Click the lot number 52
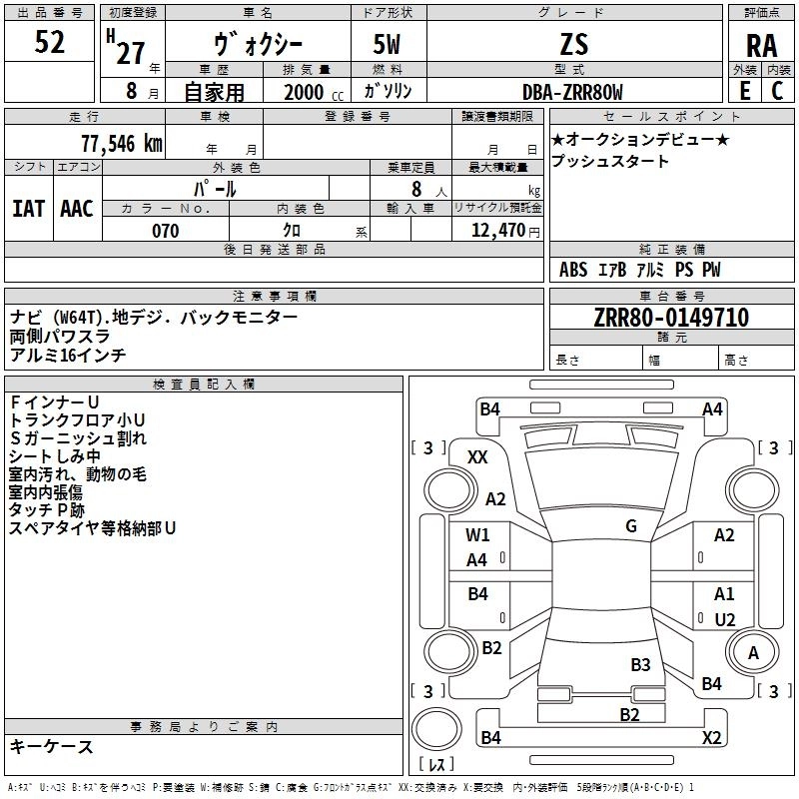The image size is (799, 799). [49, 42]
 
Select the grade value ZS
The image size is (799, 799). [574, 44]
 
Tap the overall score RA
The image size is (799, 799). [762, 46]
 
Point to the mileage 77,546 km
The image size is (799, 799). [122, 144]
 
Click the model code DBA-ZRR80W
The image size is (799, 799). [572, 92]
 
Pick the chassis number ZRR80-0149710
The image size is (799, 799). [671, 318]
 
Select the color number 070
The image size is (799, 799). [166, 231]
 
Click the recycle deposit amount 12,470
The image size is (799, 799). [497, 231]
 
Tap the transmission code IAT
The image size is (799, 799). [29, 209]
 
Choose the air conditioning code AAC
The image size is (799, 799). [77, 209]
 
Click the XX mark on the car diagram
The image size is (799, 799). [477, 457]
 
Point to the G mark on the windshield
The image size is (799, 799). [631, 525]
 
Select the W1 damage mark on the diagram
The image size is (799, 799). [477, 535]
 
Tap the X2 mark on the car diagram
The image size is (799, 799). [711, 737]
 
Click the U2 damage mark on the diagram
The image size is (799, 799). [725, 619]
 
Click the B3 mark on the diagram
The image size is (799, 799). [640, 664]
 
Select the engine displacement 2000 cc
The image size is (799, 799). [314, 92]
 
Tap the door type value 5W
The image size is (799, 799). [387, 44]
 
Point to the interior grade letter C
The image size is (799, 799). [777, 91]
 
